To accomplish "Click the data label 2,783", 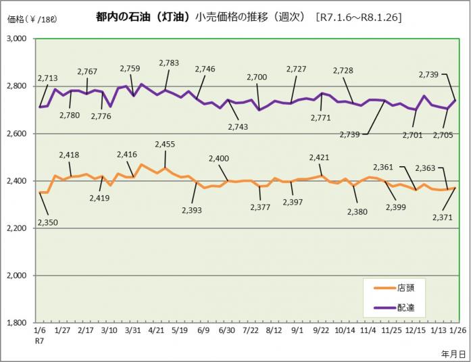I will coord(169,63).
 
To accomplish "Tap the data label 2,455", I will coord(166,144).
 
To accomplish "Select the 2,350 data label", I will coord(47,222).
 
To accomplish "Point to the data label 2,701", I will coord(412,134).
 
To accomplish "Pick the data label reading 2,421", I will coord(319,157).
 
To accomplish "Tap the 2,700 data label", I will coord(257,77).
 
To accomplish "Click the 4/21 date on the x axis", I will coord(156,331).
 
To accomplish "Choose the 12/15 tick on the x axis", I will coord(416,331).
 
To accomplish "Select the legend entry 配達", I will coord(407,307).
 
